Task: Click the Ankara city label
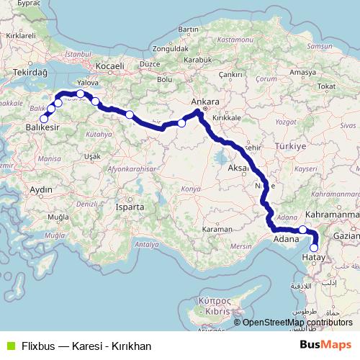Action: click(204, 102)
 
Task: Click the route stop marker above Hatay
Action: click(313, 248)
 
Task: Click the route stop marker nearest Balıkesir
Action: click(44, 118)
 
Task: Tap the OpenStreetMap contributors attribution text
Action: click(297, 323)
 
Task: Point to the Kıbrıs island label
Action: click(215, 313)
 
